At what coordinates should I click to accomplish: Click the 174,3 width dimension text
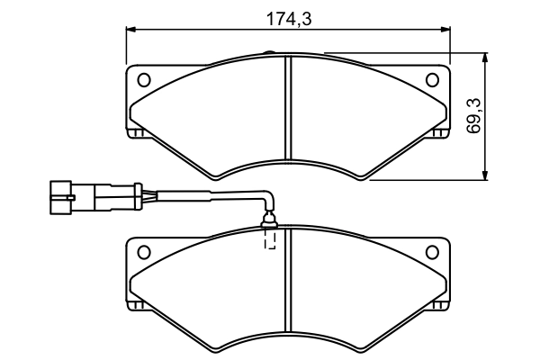pyautogui.click(x=289, y=19)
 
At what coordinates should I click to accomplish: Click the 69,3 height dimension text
pyautogui.click(x=474, y=116)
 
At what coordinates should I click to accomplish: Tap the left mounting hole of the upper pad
pyautogui.click(x=144, y=80)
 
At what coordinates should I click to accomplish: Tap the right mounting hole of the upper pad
pyautogui.click(x=432, y=80)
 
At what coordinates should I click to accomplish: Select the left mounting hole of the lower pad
pyautogui.click(x=144, y=252)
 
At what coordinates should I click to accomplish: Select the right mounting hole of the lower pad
pyautogui.click(x=432, y=252)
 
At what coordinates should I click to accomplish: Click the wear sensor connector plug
pyautogui.click(x=95, y=197)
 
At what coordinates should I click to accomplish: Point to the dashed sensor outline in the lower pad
pyautogui.click(x=270, y=238)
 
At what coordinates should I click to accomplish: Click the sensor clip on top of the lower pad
pyautogui.click(x=269, y=220)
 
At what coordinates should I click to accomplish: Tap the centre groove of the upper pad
pyautogui.click(x=289, y=107)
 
